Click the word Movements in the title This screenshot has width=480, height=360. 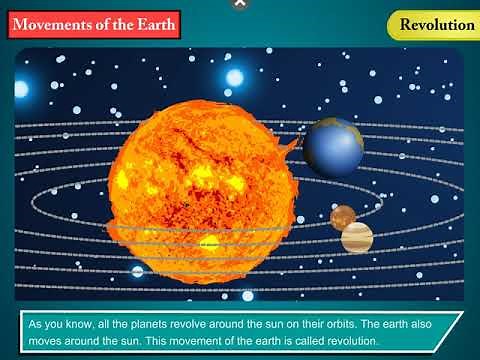click(56, 24)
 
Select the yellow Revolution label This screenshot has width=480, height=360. click(436, 24)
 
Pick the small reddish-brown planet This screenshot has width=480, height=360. click(343, 216)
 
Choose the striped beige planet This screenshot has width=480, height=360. click(357, 237)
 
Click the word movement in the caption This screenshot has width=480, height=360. click(183, 342)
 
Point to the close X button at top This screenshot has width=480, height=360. click(239, 4)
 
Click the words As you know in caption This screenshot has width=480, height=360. click(56, 325)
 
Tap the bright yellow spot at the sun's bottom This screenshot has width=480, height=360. click(208, 243)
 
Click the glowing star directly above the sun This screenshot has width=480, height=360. click(234, 77)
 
